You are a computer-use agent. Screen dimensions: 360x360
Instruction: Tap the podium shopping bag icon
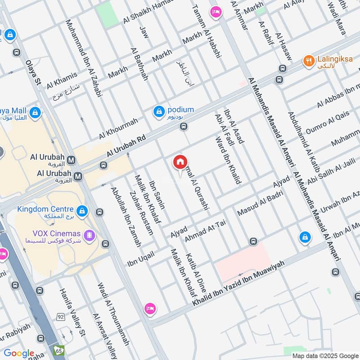tap(158, 111)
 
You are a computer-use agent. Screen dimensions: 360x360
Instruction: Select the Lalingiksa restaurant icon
tap(308, 61)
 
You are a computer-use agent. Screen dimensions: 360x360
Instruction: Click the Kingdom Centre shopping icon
tap(81, 210)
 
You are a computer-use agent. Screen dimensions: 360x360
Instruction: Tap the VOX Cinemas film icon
tap(90, 234)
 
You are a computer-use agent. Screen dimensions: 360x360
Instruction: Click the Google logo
tap(19, 353)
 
